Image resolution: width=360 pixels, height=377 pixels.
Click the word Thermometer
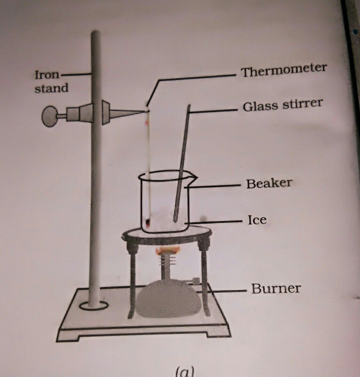[x=284, y=70]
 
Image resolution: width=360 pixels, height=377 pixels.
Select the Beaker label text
[x=269, y=184]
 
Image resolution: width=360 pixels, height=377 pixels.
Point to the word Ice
[x=257, y=220]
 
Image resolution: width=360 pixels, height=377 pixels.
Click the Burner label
[x=276, y=288]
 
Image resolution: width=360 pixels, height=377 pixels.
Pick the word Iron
[x=47, y=75]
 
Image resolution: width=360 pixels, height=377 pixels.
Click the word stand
[x=52, y=88]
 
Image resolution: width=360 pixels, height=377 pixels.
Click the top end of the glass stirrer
[x=189, y=106]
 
